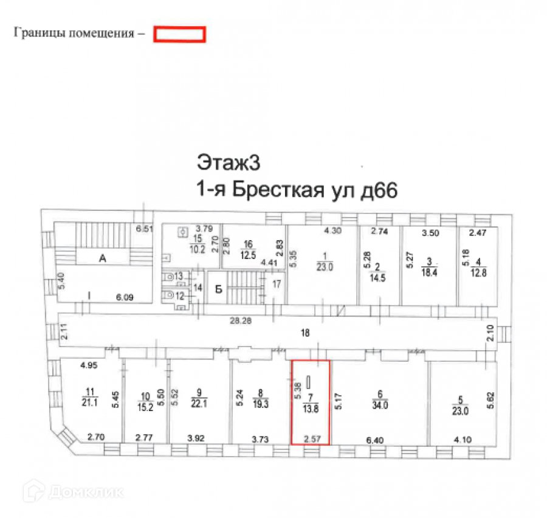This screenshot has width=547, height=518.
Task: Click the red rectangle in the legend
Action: click(179, 34)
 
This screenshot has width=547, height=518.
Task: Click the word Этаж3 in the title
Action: click(224, 163)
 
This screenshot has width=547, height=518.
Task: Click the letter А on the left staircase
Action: click(103, 258)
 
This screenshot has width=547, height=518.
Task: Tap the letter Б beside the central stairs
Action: click(217, 289)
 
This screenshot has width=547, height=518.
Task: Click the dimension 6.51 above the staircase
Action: click(143, 229)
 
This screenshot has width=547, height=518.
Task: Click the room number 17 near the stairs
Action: click(277, 283)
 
